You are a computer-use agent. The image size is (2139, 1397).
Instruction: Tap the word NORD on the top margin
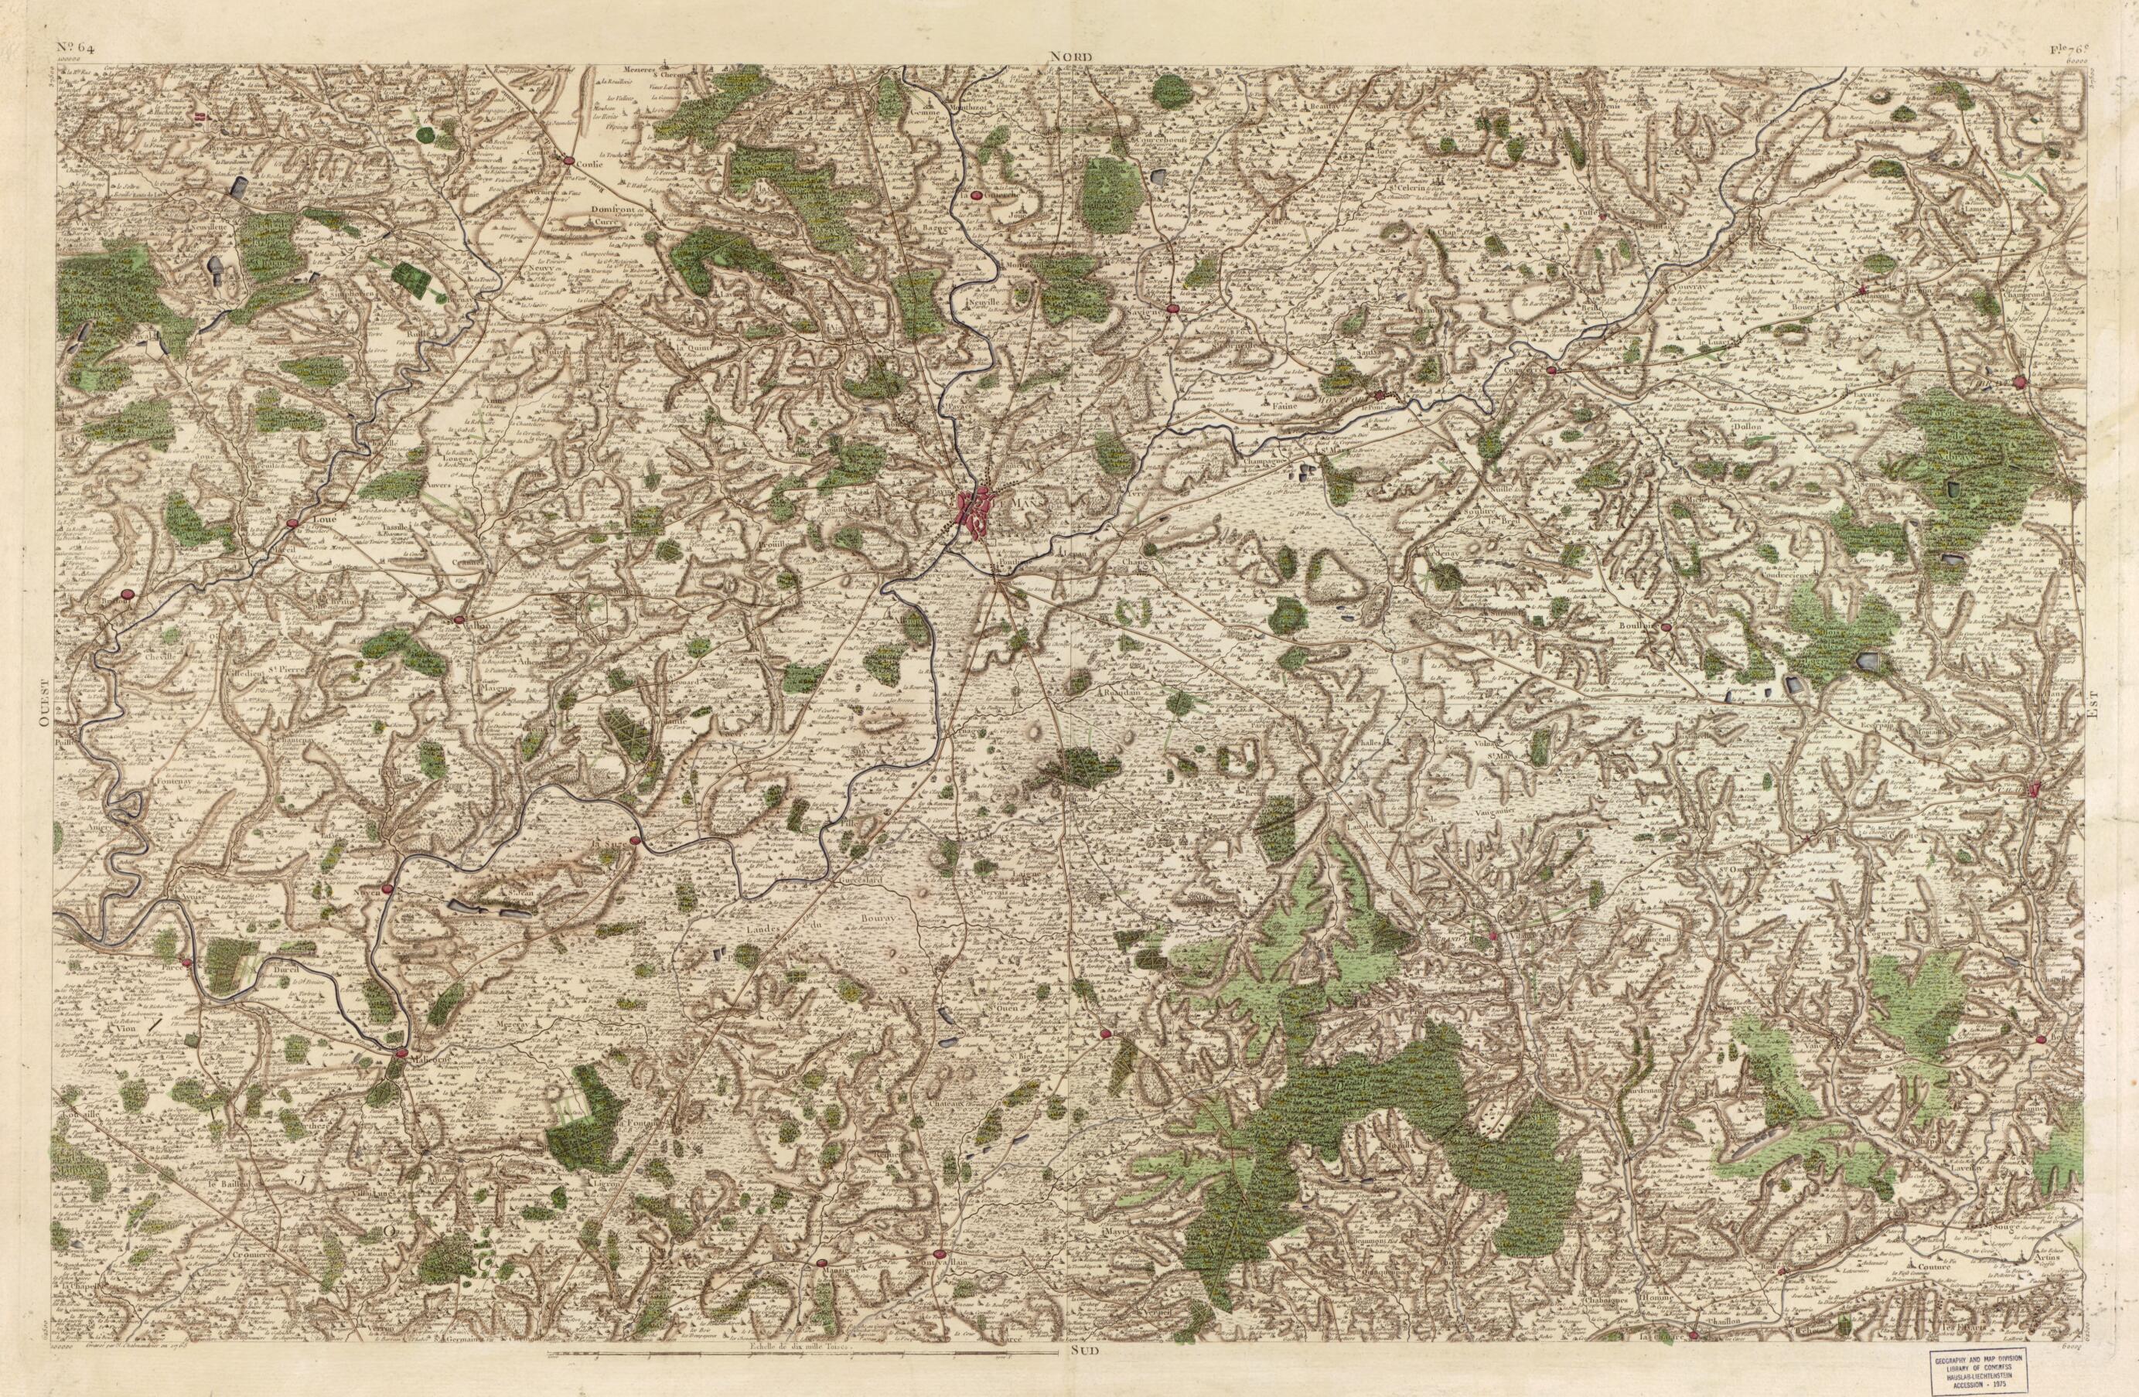(x=1069, y=56)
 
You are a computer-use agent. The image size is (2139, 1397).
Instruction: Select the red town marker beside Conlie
(x=568, y=161)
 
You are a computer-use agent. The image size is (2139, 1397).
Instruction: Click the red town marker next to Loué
(x=292, y=523)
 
